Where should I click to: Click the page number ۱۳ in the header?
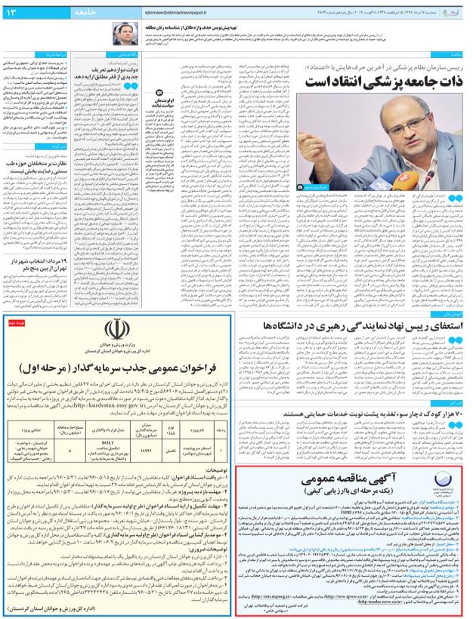click(14, 14)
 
